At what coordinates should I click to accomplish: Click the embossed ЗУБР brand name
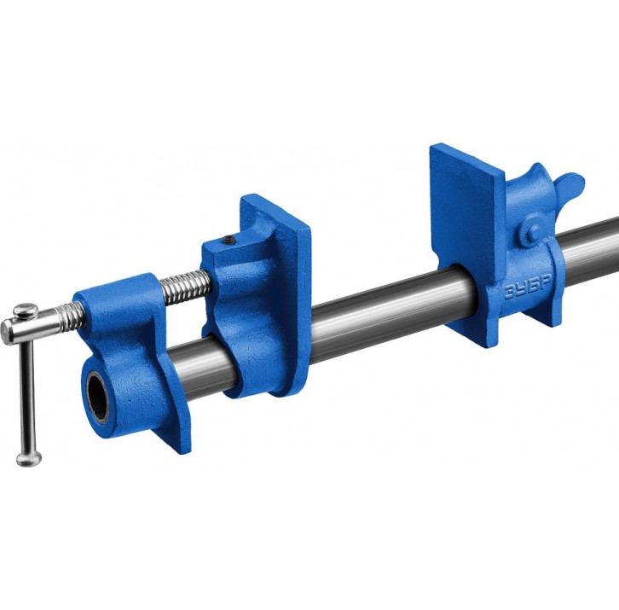tap(528, 289)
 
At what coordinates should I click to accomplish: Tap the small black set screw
tap(229, 239)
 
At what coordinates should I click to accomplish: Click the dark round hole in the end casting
tap(97, 396)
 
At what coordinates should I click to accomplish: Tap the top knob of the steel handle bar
tap(26, 310)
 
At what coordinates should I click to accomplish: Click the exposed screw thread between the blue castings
tap(186, 289)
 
